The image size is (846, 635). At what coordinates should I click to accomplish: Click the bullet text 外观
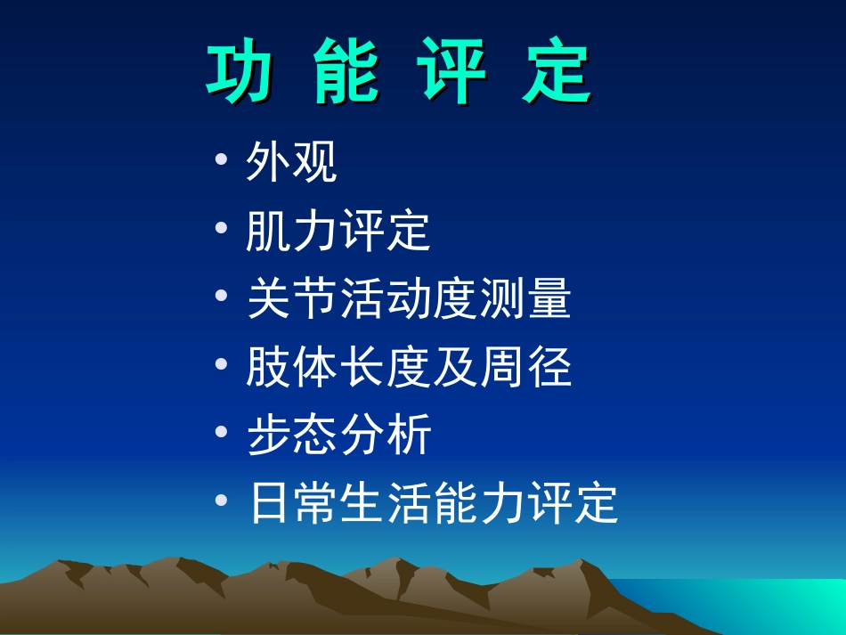pyautogui.click(x=291, y=163)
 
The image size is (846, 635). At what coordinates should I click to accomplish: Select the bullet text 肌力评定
pyautogui.click(x=338, y=232)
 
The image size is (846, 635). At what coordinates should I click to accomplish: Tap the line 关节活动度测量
pyautogui.click(x=408, y=300)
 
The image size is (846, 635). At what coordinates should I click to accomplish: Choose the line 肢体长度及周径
pyautogui.click(x=408, y=367)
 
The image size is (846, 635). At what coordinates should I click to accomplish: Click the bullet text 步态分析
pyautogui.click(x=338, y=436)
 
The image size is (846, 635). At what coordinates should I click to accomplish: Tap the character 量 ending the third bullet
pyautogui.click(x=548, y=300)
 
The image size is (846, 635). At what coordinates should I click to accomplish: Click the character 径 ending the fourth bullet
pyautogui.click(x=548, y=367)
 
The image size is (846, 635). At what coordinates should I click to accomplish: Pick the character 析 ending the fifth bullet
pyautogui.click(x=409, y=436)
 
